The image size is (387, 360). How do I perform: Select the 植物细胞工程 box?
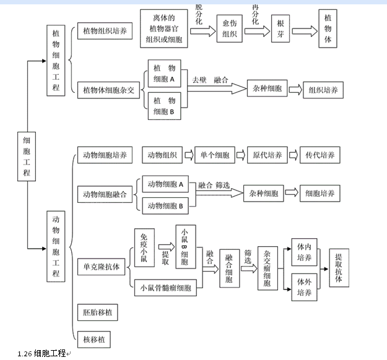(x=56, y=60)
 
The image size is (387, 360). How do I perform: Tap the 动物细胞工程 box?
(x=56, y=247)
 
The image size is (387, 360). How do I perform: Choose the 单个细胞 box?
(x=215, y=155)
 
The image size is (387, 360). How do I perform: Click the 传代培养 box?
(x=320, y=155)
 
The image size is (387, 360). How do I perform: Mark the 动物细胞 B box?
(x=165, y=206)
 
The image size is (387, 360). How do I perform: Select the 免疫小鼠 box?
(x=144, y=247)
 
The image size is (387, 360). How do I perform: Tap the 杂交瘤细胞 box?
(x=267, y=267)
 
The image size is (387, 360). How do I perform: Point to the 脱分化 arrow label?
(x=199, y=13)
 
